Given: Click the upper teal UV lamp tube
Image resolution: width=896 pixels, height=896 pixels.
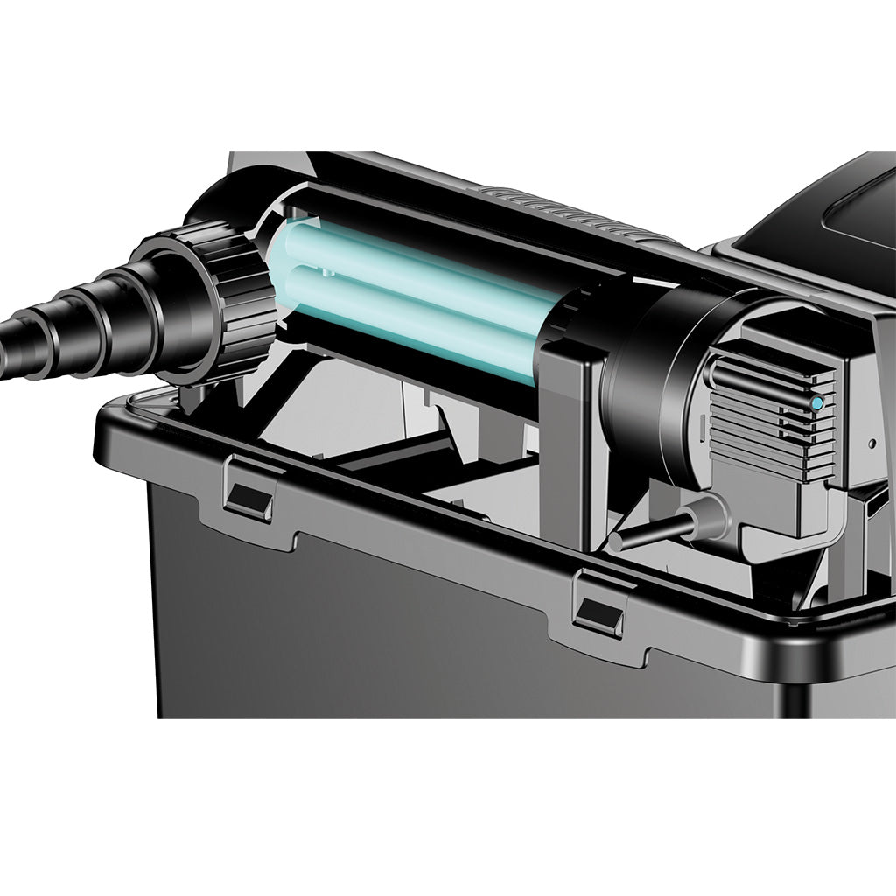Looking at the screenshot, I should click(420, 262).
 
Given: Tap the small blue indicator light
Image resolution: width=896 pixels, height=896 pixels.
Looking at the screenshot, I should click(816, 403).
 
